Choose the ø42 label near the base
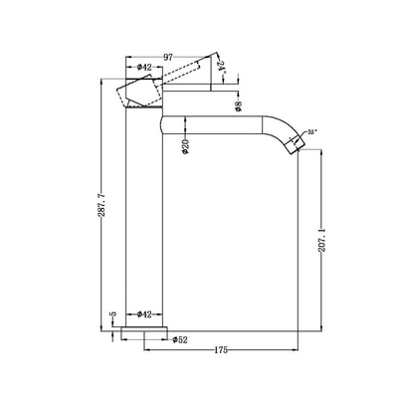(143, 314)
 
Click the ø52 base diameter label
(180, 339)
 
